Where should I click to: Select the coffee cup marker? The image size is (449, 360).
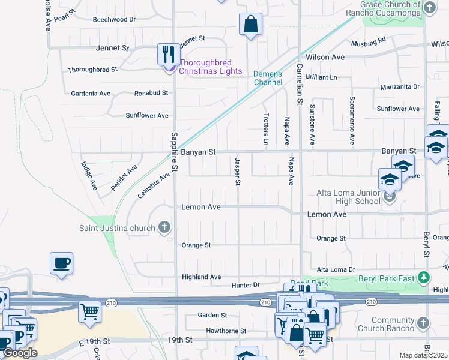coord(61,263)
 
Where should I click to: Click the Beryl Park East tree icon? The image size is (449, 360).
coord(424,277)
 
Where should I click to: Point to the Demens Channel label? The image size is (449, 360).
coord(268,78)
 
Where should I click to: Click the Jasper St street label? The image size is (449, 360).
coord(238,172)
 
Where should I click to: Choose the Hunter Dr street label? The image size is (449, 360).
coord(246,285)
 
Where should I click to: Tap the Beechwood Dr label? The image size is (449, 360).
coord(114,19)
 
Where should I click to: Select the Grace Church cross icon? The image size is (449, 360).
coord(429,7)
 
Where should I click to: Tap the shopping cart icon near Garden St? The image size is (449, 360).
coord(89,311)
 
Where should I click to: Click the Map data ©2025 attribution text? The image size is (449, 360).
coord(423,355)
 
